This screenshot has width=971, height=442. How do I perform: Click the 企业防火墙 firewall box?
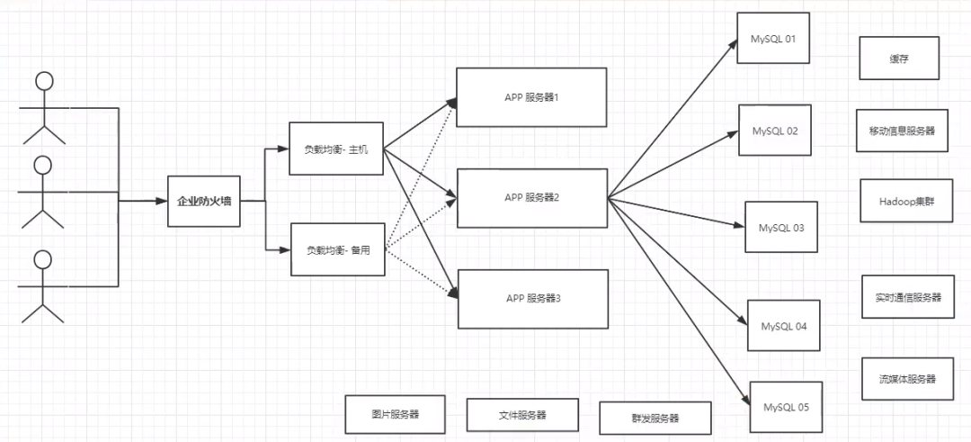(204, 201)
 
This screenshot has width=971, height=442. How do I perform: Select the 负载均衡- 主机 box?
(336, 149)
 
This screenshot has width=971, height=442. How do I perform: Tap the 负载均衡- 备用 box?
(337, 249)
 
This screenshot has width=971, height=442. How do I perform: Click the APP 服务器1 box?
(531, 97)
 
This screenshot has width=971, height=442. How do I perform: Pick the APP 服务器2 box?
(532, 198)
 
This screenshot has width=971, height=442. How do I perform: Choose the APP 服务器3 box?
(532, 299)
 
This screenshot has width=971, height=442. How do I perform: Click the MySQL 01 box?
(773, 39)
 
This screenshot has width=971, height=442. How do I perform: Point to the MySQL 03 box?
(781, 227)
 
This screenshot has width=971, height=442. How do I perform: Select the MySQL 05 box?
(786, 407)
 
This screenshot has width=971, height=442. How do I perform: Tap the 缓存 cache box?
(899, 58)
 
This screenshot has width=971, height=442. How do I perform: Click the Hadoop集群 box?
(906, 201)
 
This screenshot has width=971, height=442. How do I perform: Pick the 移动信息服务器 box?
(903, 131)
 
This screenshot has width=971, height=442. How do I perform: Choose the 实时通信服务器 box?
(908, 297)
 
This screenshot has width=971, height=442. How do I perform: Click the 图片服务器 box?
(396, 414)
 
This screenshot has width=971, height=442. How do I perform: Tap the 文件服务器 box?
(522, 415)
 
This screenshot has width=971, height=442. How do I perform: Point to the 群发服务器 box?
(655, 418)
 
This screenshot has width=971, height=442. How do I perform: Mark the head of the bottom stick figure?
(42, 260)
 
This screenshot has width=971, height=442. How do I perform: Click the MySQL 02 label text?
(775, 131)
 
